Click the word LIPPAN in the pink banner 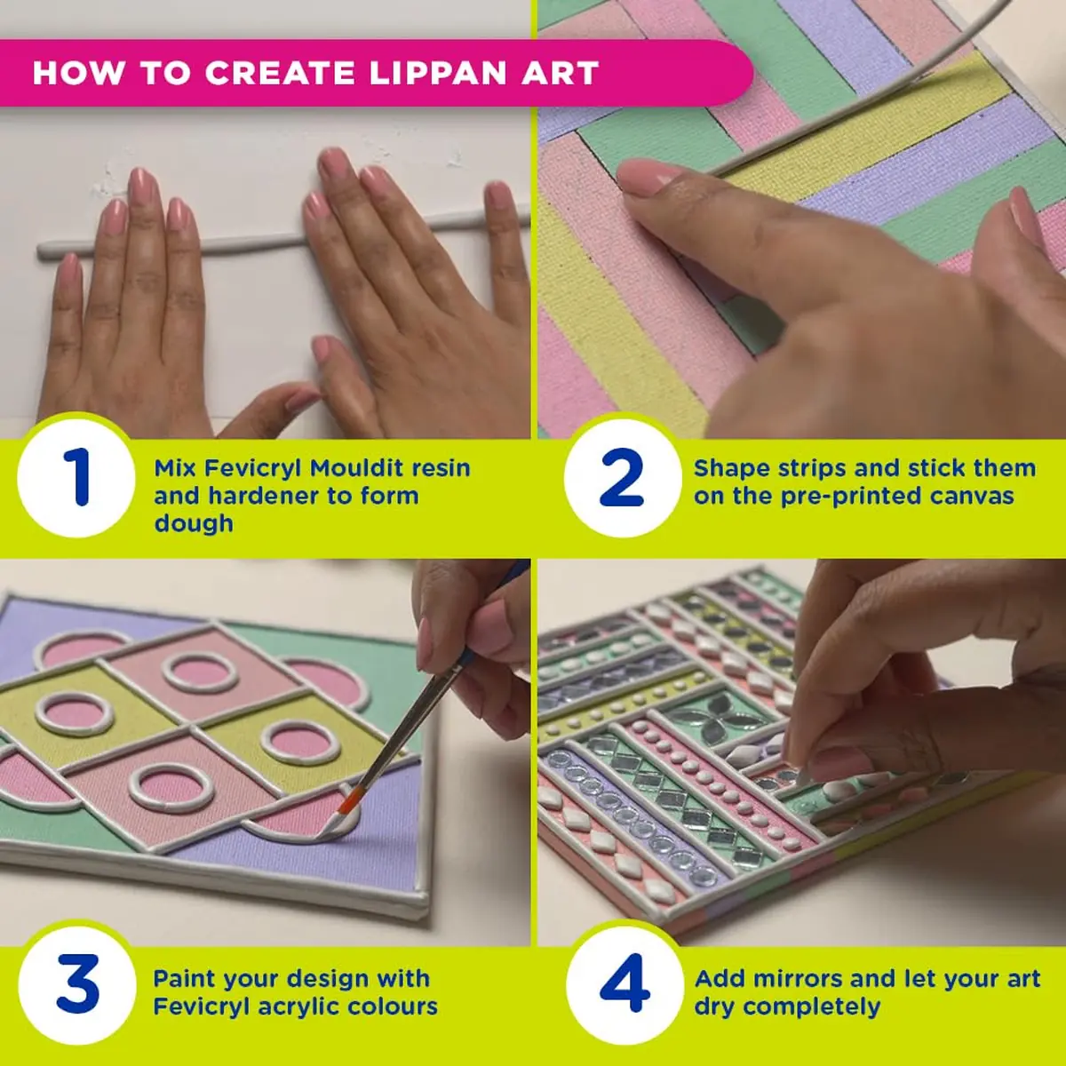pyautogui.click(x=436, y=73)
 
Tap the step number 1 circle pyautogui.click(x=76, y=477)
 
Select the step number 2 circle pyautogui.click(x=623, y=477)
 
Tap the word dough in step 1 pyautogui.click(x=194, y=523)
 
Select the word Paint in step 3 pyautogui.click(x=184, y=979)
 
